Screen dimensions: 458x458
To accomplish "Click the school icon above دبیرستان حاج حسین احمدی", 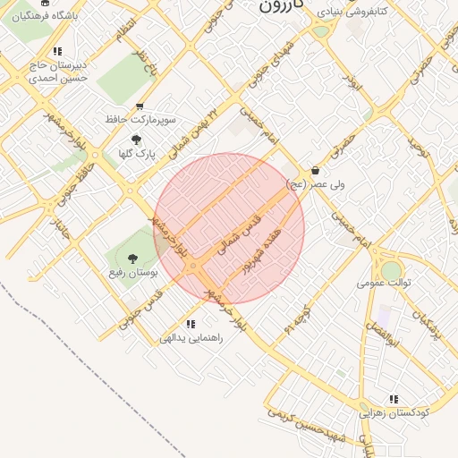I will pyautogui.click(x=58, y=52).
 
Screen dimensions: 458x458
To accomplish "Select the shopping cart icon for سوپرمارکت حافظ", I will pyautogui.click(x=139, y=106).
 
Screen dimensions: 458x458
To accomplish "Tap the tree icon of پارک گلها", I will pyautogui.click(x=136, y=140).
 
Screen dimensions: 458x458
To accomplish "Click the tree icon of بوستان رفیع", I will pyautogui.click(x=133, y=259).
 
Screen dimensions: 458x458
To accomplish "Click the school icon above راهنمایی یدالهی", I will pyautogui.click(x=191, y=324).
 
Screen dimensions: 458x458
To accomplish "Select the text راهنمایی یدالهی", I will pyautogui.click(x=184, y=338).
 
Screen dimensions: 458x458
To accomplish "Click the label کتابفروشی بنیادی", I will pyautogui.click(x=355, y=13).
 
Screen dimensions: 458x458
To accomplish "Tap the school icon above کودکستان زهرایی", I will pyautogui.click(x=394, y=399).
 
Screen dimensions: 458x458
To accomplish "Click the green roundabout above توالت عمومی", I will pyautogui.click(x=392, y=268).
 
